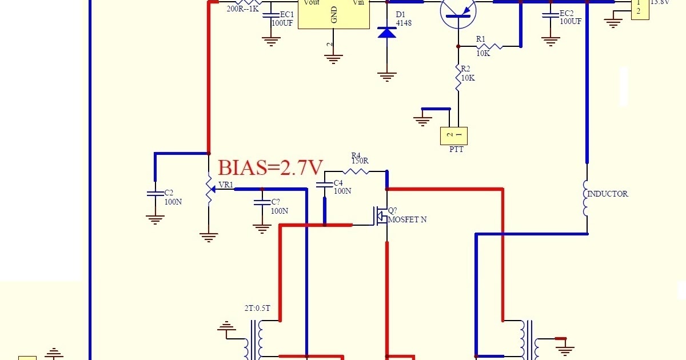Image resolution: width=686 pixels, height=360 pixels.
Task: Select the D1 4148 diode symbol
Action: click(387, 32)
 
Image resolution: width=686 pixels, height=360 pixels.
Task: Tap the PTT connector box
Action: click(453, 135)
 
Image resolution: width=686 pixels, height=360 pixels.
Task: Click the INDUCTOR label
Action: click(608, 194)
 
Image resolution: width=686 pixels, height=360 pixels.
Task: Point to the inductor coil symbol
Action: click(587, 198)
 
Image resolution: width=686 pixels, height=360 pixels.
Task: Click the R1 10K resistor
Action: click(489, 46)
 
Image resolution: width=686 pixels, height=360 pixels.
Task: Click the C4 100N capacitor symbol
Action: click(325, 185)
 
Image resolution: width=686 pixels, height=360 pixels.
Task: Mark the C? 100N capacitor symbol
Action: click(262, 202)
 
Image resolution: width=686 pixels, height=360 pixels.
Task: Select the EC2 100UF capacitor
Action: click(551, 16)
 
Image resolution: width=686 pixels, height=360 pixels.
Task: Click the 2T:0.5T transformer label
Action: click(257, 309)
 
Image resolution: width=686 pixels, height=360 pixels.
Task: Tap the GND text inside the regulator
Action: click(334, 17)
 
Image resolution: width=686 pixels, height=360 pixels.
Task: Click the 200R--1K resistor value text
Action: click(243, 9)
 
